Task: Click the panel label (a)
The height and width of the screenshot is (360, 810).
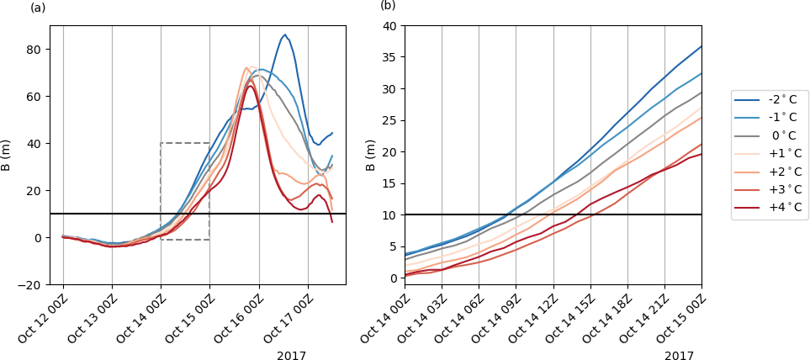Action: pos(38,8)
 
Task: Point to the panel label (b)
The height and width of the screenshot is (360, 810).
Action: pos(388,5)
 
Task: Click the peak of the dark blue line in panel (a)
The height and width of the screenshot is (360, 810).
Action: pos(284,35)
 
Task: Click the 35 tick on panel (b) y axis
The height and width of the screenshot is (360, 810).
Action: pos(390,57)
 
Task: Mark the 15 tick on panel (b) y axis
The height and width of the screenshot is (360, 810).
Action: pos(390,183)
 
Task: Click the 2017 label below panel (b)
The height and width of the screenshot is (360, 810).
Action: pos(679,356)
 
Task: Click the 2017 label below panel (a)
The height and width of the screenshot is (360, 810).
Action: pos(291,356)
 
